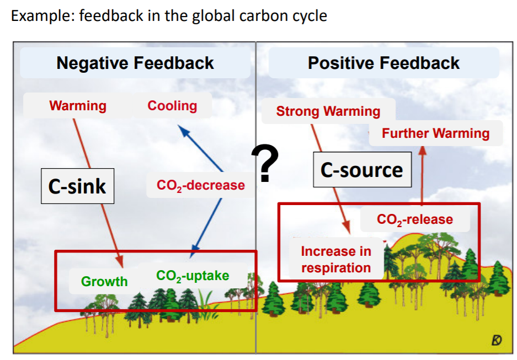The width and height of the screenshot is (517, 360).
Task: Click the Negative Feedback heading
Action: (x=135, y=63)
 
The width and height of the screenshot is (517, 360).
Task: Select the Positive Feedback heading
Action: (x=383, y=63)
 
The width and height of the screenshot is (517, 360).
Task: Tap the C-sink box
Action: (x=77, y=186)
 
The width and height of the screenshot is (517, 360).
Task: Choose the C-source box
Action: (x=361, y=170)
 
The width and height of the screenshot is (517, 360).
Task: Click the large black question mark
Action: (x=265, y=164)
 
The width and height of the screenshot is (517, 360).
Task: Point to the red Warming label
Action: (x=78, y=105)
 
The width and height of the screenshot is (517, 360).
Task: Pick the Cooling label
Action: (x=172, y=105)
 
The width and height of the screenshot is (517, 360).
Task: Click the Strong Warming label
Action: (x=328, y=111)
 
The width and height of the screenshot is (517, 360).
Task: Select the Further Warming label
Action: (x=435, y=133)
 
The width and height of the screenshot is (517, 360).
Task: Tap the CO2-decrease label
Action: (x=201, y=185)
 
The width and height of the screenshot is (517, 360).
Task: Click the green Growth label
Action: (x=104, y=281)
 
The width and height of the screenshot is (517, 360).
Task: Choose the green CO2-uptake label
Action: (x=193, y=276)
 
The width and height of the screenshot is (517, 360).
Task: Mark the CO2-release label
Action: (x=415, y=219)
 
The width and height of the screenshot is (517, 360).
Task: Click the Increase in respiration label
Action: (x=336, y=260)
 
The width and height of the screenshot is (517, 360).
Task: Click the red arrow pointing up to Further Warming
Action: (x=422, y=176)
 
